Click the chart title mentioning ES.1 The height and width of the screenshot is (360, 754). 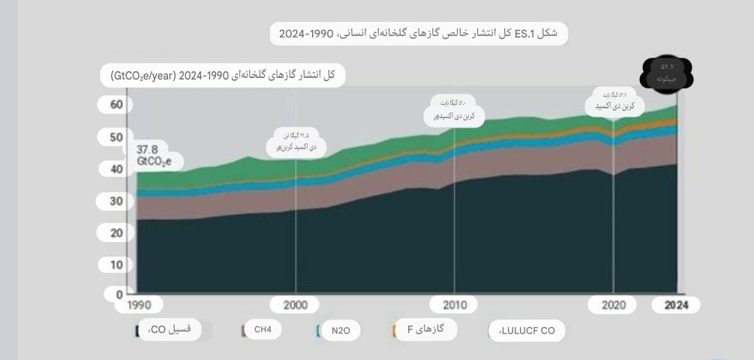pos(419,33)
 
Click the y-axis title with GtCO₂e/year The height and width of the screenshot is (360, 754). pos(223,76)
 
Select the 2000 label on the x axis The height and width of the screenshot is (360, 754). pos(296,305)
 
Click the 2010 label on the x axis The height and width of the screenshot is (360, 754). pos(455,305)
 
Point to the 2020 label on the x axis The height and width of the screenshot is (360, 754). pos(614,305)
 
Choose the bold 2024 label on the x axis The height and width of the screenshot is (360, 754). pos(676,305)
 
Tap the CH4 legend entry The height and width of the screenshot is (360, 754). pos(263,330)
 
